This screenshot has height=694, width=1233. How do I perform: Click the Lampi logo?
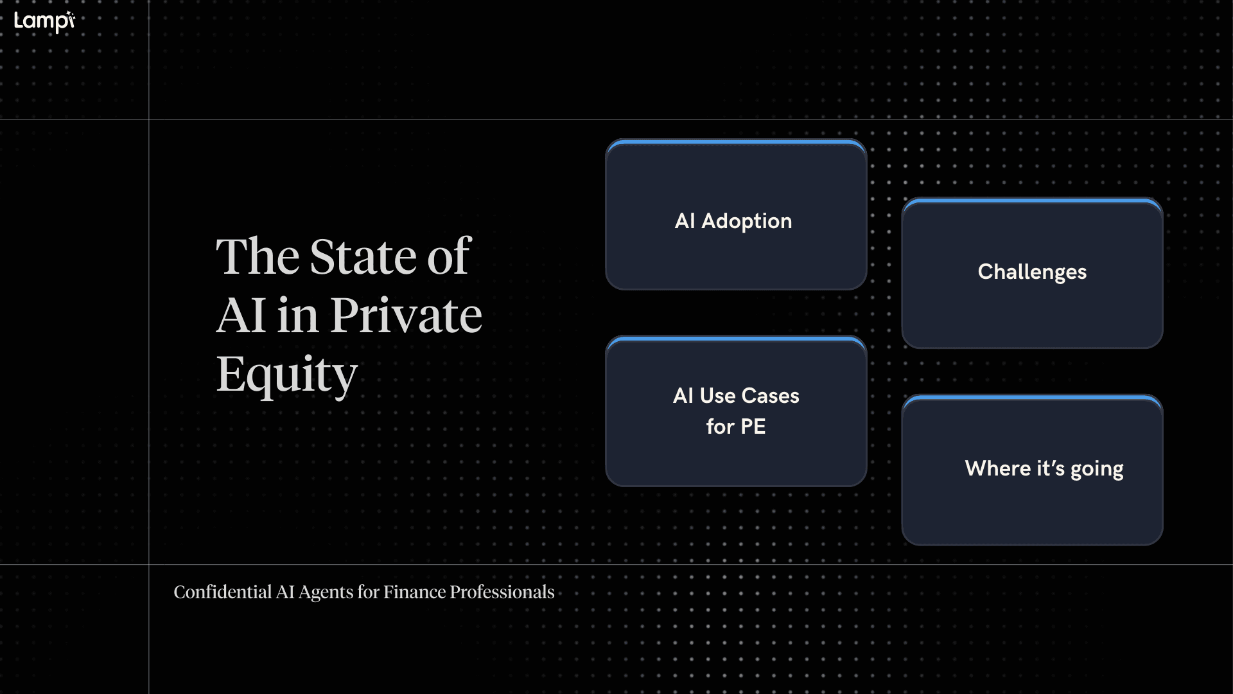(44, 21)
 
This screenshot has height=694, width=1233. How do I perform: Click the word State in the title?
(363, 257)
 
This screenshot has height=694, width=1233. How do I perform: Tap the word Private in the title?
(406, 316)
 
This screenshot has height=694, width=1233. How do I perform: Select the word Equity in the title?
(286, 375)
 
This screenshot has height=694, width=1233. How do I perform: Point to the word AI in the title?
(241, 316)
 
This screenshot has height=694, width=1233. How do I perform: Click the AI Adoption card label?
(733, 221)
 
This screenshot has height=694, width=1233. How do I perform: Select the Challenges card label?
(1032, 272)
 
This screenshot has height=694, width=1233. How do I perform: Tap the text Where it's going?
(1044, 468)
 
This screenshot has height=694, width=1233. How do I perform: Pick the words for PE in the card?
(736, 427)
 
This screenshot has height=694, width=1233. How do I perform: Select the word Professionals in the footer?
(502, 592)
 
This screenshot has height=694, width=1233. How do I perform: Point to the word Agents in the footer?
(326, 592)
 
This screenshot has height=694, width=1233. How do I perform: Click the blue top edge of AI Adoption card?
(736, 141)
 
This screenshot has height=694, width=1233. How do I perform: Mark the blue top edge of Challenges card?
(1032, 200)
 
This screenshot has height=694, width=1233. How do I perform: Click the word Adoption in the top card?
(746, 221)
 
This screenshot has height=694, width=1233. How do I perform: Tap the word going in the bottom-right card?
(1096, 469)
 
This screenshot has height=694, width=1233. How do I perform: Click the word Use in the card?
(717, 396)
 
